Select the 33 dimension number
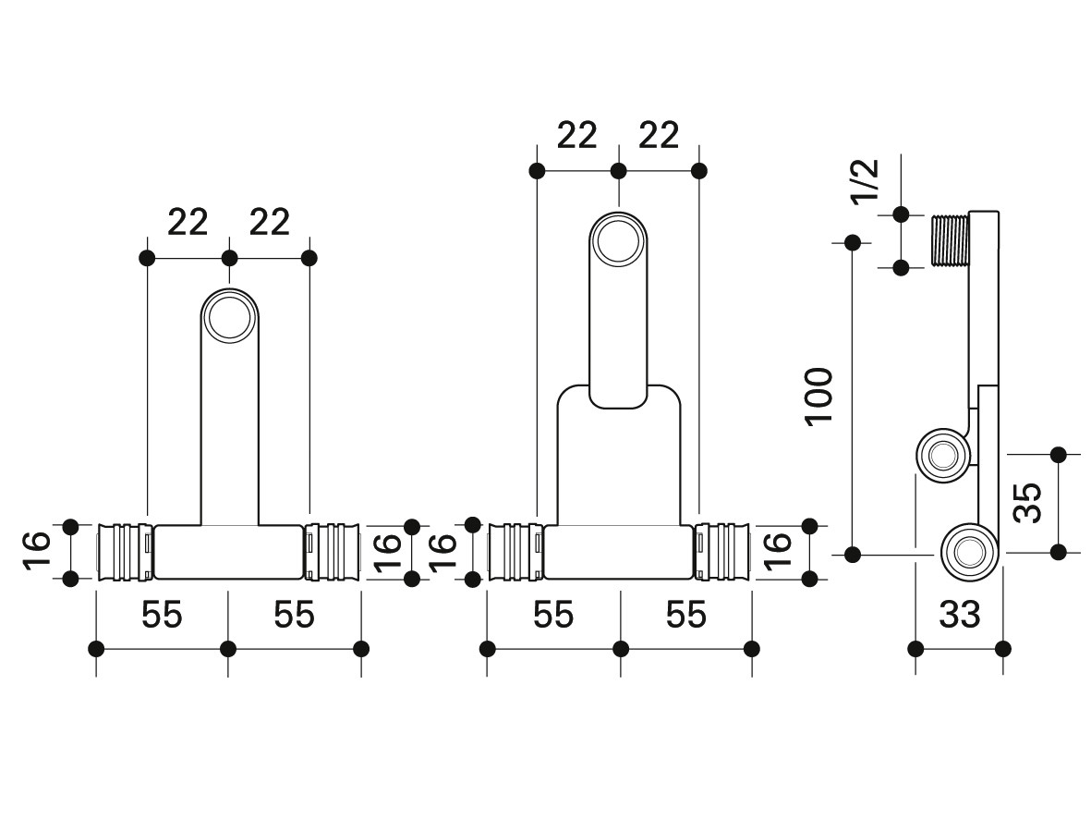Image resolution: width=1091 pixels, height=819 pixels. tap(959, 614)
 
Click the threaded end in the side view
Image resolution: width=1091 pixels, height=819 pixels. tap(949, 240)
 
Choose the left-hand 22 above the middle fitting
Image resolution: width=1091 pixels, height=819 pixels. tap(577, 136)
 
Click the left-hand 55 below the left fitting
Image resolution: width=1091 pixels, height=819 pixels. tap(162, 615)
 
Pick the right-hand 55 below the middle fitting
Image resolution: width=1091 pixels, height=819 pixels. tap(686, 615)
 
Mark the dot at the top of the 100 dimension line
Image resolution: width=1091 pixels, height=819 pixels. tap(853, 242)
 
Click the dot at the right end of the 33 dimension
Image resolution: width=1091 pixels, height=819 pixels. tap(1003, 648)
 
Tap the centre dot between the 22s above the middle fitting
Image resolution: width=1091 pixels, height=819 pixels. tap(619, 171)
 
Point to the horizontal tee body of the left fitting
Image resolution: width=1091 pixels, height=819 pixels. tap(228, 552)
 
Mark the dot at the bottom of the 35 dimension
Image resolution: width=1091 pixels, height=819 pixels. tap(1059, 552)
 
